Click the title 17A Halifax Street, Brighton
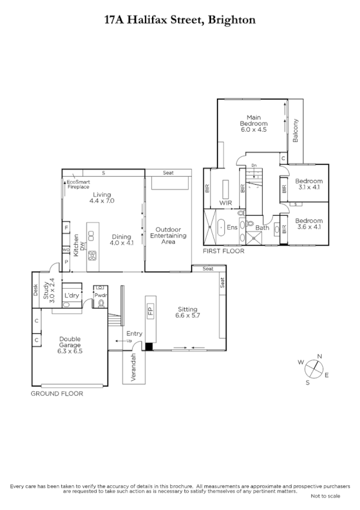(x=180, y=20)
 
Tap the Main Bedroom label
(x=253, y=123)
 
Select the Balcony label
(x=296, y=131)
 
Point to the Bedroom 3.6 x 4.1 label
(x=309, y=223)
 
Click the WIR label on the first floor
(x=225, y=203)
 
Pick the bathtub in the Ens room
(x=221, y=227)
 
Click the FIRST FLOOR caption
(x=224, y=251)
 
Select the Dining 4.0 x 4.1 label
(x=121, y=240)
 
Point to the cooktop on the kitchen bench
(x=92, y=256)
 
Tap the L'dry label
(x=72, y=295)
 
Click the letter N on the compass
(x=319, y=356)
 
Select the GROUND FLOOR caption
(x=56, y=393)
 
